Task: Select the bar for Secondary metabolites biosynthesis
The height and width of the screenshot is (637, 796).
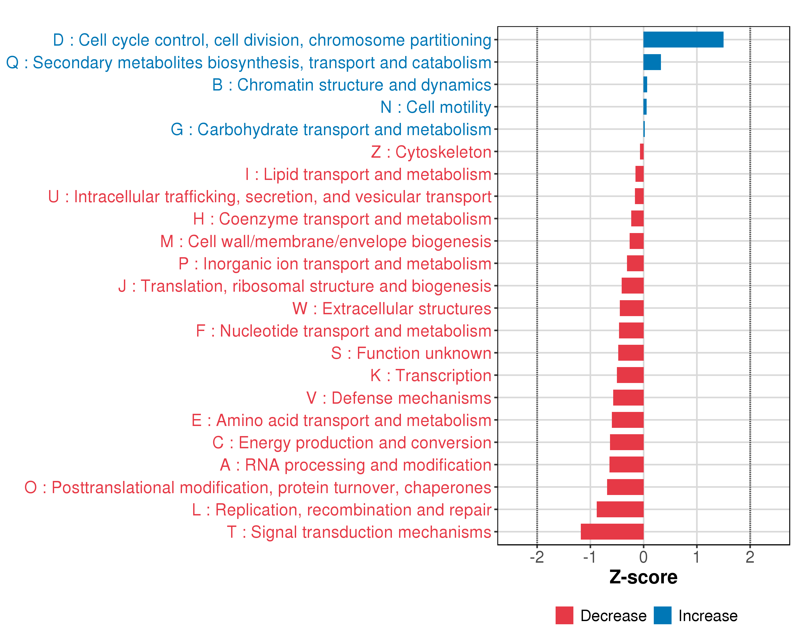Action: [652, 62]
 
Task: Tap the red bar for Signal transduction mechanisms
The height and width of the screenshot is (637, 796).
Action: [612, 531]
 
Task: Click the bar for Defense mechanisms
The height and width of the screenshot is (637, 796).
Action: [628, 397]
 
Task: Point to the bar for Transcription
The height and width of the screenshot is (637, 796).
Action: [630, 375]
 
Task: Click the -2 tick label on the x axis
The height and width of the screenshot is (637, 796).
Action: [537, 557]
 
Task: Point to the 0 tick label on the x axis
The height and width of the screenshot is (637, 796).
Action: [643, 557]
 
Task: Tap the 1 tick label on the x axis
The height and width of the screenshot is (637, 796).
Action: [697, 557]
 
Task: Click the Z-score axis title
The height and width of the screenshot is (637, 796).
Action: [643, 577]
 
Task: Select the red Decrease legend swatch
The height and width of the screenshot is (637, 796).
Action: [564, 615]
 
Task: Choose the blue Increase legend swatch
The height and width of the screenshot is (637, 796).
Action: [662, 615]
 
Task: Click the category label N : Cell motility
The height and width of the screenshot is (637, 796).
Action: [436, 107]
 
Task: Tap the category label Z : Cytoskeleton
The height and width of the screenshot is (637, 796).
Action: [431, 152]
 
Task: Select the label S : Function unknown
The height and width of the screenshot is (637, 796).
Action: [411, 353]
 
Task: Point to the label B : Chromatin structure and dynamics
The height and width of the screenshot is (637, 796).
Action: [352, 85]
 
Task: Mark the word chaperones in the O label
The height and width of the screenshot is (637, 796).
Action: [447, 488]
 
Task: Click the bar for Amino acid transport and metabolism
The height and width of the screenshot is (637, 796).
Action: [627, 420]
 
